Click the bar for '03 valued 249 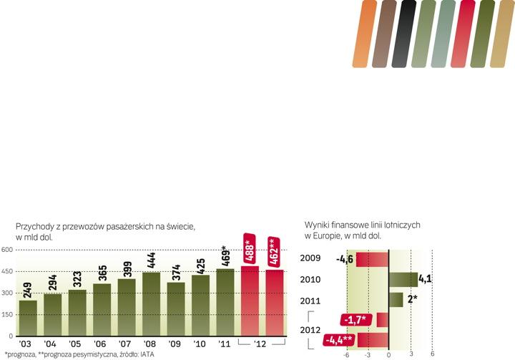tap(28, 318)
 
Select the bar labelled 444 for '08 tap(151, 303)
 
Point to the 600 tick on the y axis tap(6, 250)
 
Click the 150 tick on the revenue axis tap(6, 314)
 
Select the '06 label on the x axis tap(102, 344)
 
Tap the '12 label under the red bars tap(262, 344)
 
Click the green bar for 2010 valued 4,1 tap(403, 279)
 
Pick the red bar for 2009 tap(372, 258)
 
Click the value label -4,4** tap(340, 340)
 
